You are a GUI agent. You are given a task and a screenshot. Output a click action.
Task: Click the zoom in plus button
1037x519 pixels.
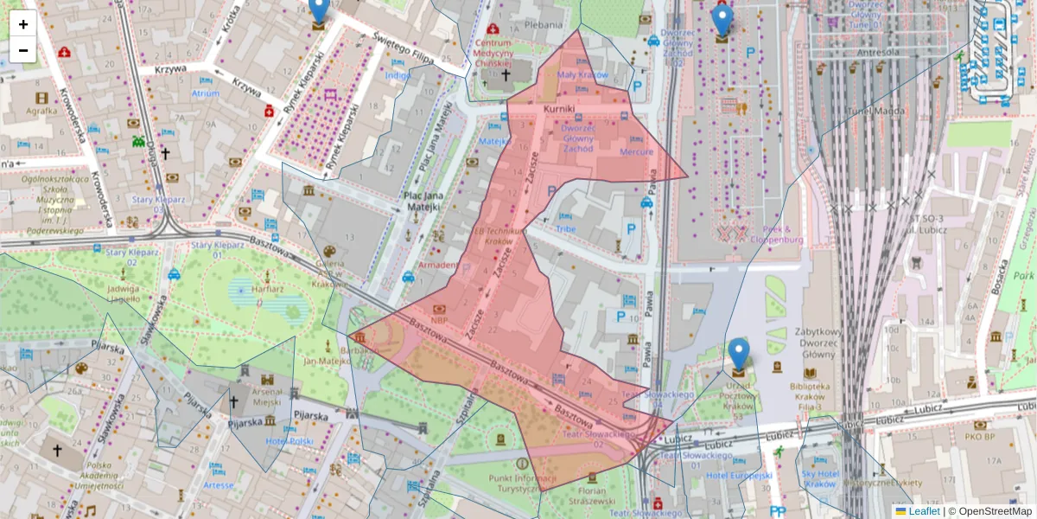(23, 24)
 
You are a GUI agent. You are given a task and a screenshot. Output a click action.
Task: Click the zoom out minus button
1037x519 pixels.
(23, 50)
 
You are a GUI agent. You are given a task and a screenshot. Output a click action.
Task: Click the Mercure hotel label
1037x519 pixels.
(637, 151)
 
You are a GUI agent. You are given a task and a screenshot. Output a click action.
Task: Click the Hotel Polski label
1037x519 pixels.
(289, 441)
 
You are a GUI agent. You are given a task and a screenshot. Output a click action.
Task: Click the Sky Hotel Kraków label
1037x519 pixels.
(820, 479)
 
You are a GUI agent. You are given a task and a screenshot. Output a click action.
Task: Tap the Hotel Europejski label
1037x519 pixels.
(739, 475)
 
